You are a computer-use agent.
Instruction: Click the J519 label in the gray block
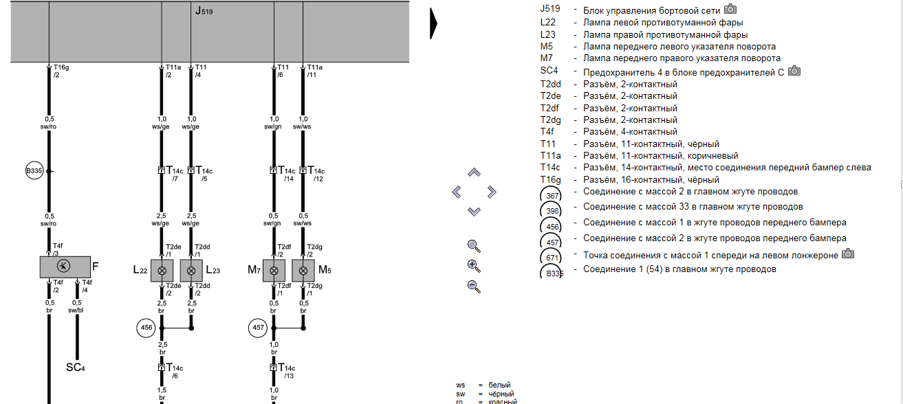coord(203,11)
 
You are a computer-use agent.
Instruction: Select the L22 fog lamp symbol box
coord(162,270)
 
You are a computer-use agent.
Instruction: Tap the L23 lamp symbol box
coord(191,270)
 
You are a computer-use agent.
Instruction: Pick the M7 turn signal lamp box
coord(274,270)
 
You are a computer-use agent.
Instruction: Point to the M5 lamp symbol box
coord(303,270)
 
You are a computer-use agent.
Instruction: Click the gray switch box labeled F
coord(65,267)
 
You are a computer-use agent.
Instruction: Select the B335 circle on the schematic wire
coord(34,171)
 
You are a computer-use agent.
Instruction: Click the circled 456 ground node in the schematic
coord(146,328)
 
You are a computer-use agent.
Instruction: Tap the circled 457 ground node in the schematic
coord(258,328)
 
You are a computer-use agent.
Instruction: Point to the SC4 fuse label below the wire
coord(76,368)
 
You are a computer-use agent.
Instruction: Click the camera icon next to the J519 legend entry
coord(730,10)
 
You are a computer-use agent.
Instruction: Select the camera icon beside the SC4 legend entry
coord(794,71)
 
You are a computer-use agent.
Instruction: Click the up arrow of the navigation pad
coord(474,172)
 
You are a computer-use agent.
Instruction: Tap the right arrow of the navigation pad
coord(491,192)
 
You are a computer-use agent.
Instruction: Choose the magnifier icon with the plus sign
coord(474,266)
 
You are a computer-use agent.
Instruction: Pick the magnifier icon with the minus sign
coord(474,287)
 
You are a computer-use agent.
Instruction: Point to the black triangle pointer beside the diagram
coord(434,25)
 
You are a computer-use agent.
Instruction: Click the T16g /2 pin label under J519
coord(61,71)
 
